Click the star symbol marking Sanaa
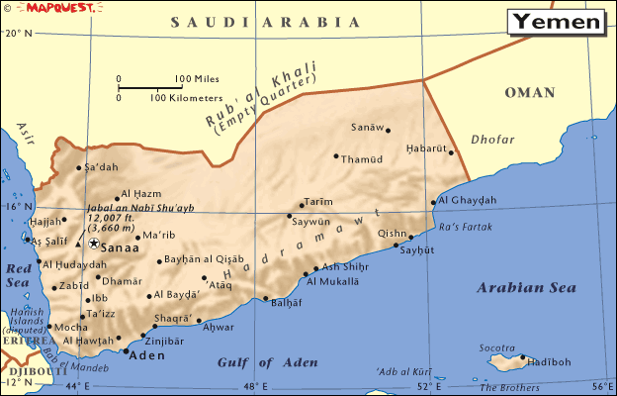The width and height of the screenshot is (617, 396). pos(94,243)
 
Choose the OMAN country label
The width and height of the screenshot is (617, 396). pos(531,92)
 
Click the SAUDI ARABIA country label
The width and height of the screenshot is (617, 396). pos(264,21)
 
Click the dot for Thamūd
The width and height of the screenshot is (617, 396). pos(336,155)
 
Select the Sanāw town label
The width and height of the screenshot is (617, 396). pos(365,127)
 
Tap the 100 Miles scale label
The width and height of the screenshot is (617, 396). pos(199,79)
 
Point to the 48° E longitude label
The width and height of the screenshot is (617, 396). pos(256,386)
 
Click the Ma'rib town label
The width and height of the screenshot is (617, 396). pos(158,236)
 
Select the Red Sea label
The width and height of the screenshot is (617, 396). pos(19,274)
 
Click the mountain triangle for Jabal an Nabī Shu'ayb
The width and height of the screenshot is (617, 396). pos(78,242)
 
